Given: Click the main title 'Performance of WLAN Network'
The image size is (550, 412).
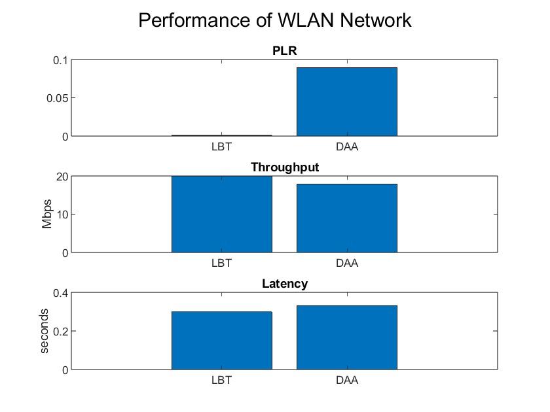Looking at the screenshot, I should tap(275, 20).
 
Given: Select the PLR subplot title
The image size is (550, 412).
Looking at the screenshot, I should tap(285, 50).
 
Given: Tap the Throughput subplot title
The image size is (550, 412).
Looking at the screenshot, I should tap(285, 167).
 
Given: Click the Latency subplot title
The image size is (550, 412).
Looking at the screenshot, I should tap(285, 284).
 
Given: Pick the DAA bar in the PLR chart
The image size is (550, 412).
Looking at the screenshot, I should tap(347, 102).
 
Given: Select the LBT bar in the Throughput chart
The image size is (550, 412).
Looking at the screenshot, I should tap(222, 215).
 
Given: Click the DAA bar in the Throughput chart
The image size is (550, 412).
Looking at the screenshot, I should tap(347, 218).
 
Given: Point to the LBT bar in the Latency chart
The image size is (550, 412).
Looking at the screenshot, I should tap(222, 341).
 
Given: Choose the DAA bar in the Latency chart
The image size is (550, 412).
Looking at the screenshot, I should tap(347, 337).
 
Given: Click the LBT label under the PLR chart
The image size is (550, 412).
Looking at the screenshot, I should tap(222, 146).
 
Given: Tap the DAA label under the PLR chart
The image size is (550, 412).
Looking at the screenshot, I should tap(347, 146).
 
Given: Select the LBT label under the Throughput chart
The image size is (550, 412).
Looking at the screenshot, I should tap(222, 264).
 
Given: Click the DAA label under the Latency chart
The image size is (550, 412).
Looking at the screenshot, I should tap(347, 380).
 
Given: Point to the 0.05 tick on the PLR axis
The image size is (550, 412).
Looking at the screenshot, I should tap(57, 98).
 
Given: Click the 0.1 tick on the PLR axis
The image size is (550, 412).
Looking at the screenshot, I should tap(60, 60).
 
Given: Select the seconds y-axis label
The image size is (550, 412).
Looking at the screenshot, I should tap(45, 331).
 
